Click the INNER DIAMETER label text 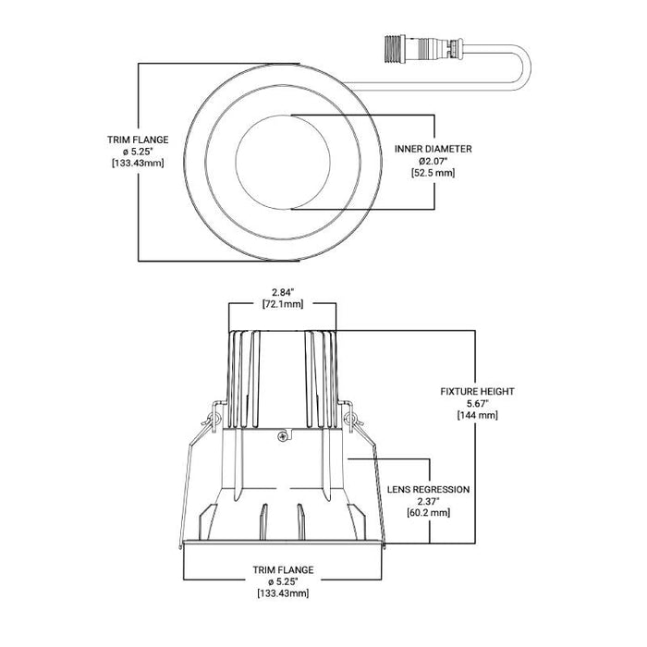click(x=433, y=148)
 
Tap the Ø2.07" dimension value click(x=433, y=161)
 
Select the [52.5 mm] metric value click(x=433, y=173)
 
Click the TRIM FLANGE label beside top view click(x=137, y=140)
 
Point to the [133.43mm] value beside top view click(x=137, y=164)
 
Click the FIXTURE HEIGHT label click(x=477, y=391)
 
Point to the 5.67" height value click(x=477, y=404)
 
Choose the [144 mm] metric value click(x=477, y=416)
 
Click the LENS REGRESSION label click(x=428, y=489)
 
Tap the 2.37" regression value click(x=428, y=502)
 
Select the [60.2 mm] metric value click(x=428, y=514)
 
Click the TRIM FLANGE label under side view click(x=284, y=569)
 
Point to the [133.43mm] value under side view click(x=284, y=593)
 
